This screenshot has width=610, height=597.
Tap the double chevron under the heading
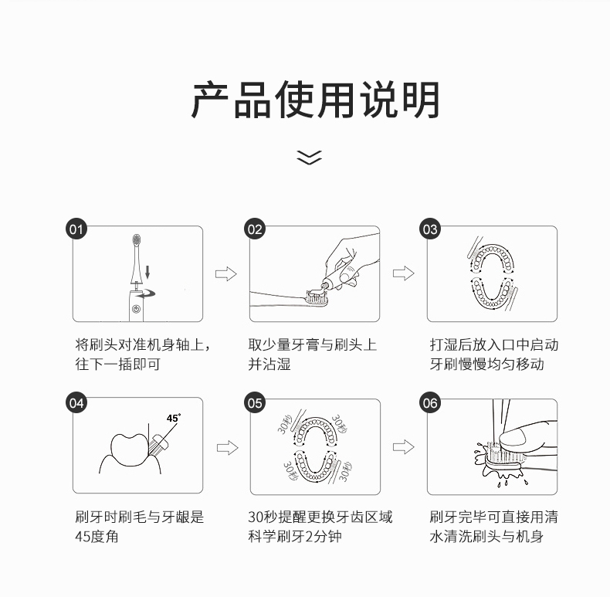coord(309,158)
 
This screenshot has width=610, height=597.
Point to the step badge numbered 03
coord(430,229)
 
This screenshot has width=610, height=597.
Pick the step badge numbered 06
coord(430,402)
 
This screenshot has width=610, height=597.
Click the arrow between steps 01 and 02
coord(225,273)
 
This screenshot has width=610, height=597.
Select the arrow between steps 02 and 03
coord(403,273)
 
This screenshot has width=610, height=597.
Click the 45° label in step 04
coord(173,418)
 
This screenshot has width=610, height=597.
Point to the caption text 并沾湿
coord(269,365)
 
